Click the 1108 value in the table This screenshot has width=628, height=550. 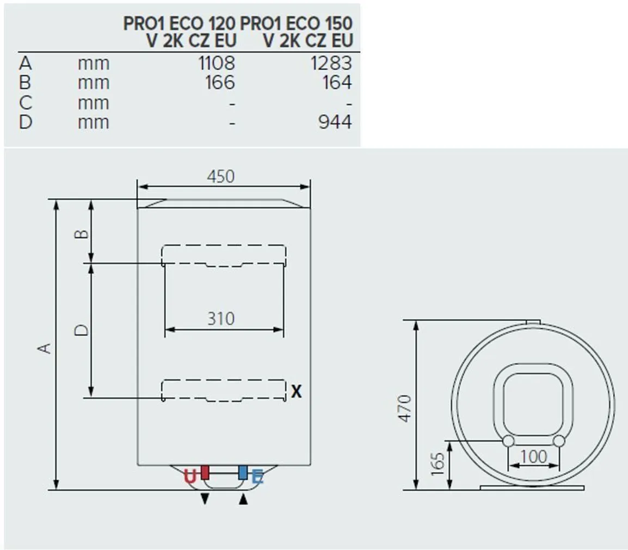click(217, 63)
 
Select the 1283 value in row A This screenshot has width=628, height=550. click(331, 63)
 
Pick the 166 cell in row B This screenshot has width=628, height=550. click(220, 83)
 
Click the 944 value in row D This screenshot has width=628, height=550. click(335, 122)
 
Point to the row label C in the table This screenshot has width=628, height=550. click(25, 102)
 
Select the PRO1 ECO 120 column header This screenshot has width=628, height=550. click(179, 32)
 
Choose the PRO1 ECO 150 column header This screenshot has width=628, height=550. click(297, 32)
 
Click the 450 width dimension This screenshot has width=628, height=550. click(220, 176)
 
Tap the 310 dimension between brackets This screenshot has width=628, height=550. click(220, 319)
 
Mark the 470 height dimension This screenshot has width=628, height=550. click(405, 408)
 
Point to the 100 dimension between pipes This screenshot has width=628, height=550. click(533, 456)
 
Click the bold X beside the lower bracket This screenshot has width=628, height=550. click(296, 391)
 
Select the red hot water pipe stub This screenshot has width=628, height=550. click(205, 472)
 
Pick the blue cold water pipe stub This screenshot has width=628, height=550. click(243, 472)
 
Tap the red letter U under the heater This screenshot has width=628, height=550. click(189, 477)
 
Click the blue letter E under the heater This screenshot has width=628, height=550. click(257, 478)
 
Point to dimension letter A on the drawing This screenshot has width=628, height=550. click(47, 347)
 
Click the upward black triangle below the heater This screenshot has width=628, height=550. click(243, 499)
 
